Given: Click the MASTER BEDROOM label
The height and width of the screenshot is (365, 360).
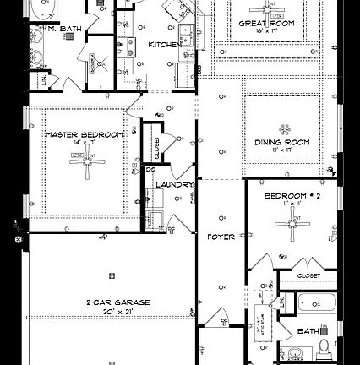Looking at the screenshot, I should point(85,134).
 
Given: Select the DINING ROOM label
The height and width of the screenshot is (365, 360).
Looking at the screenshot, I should point(282,142).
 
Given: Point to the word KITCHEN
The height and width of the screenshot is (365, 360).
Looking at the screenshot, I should point(163,43).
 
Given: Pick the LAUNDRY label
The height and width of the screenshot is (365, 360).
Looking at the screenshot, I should point(174,184).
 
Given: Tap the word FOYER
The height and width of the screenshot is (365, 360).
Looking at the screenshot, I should point(221,237).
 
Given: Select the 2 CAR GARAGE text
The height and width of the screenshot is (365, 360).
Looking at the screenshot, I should point(117,302).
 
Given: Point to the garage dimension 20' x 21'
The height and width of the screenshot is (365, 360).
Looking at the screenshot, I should point(117,312).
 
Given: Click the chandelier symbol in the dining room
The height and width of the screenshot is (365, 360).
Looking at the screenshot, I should point(282,119).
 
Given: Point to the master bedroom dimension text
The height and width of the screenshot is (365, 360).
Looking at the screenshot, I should point(85,144).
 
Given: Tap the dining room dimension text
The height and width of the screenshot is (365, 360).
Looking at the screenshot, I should point(282,150).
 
